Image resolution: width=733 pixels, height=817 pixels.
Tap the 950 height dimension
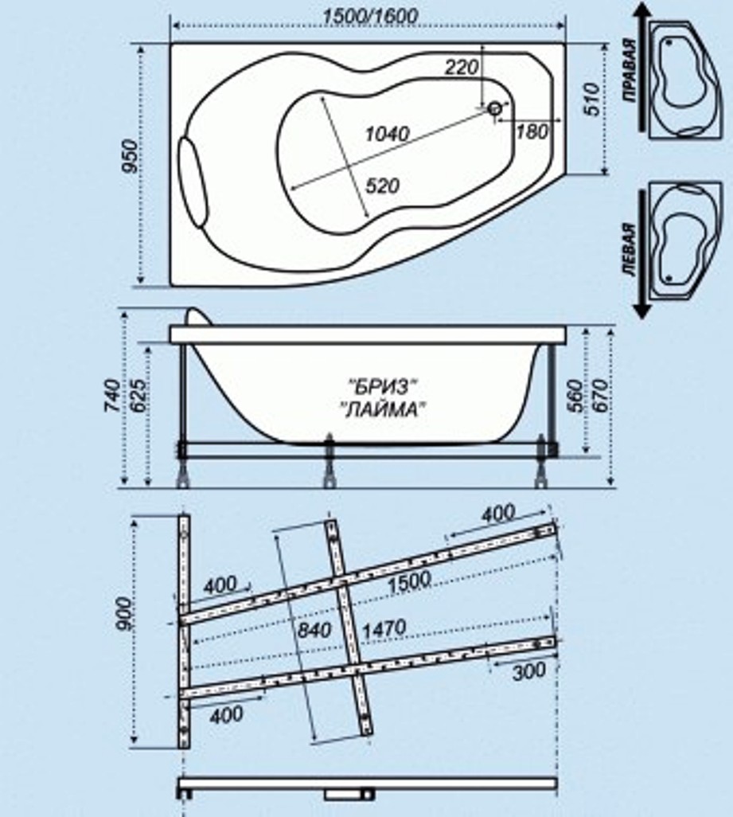coord(130,156)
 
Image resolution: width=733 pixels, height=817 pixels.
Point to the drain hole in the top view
coord(494,108)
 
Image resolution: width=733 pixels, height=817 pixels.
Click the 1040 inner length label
coord(387,134)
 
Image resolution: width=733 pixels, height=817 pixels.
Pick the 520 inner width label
coord(383,186)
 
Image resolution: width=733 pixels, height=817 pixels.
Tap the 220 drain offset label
coord(462,67)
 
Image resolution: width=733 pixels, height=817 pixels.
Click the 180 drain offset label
coord(532,132)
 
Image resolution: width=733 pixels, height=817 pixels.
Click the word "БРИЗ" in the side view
coord(383,387)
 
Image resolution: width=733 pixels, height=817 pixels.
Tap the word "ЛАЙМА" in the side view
coord(384,410)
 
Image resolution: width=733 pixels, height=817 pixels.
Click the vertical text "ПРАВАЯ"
coord(630,70)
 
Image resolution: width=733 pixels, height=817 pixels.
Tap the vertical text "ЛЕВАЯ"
coord(630,249)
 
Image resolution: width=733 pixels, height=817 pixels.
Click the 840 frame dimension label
coord(314,630)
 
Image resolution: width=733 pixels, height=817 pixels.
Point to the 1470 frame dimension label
coord(384,627)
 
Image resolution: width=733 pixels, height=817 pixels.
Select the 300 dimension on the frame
coord(529,670)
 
